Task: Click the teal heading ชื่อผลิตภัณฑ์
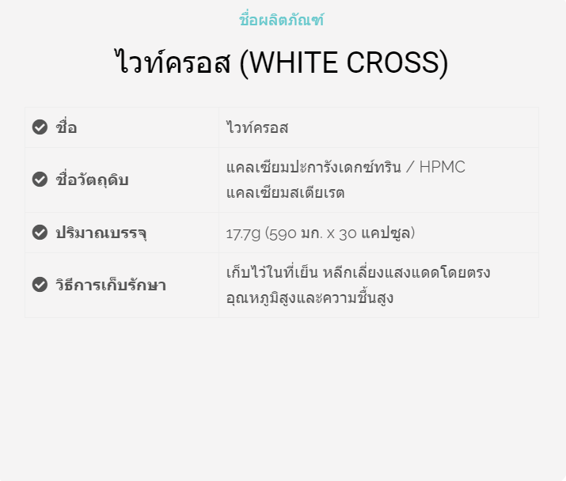tap(281, 20)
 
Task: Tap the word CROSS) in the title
tap(397, 63)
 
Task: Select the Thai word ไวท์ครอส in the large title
tap(173, 62)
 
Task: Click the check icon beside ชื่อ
tap(40, 127)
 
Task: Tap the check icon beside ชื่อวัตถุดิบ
tap(40, 180)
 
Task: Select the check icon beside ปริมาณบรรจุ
tap(40, 232)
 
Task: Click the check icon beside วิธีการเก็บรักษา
tap(40, 284)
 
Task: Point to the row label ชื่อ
tap(66, 127)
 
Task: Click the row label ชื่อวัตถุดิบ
tap(92, 180)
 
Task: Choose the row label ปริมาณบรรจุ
tap(101, 233)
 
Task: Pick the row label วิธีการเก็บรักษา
tap(111, 284)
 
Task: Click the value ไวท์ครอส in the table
tap(257, 127)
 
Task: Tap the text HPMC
tap(443, 168)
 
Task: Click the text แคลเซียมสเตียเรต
tap(285, 192)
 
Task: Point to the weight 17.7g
tap(243, 234)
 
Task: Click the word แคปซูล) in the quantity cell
tap(388, 233)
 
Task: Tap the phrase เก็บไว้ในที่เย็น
tap(272, 272)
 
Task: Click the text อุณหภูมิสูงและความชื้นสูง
tap(310, 298)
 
